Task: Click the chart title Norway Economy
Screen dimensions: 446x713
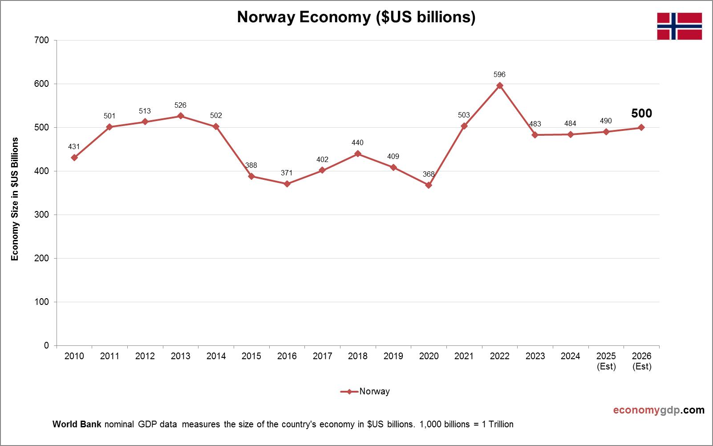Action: click(x=356, y=17)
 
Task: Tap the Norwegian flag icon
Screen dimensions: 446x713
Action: click(x=679, y=26)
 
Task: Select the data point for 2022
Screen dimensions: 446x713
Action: click(x=499, y=85)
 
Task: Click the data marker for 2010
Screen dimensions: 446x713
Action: click(x=74, y=158)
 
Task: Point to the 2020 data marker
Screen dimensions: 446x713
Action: click(x=429, y=185)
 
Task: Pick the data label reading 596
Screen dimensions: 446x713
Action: click(x=499, y=74)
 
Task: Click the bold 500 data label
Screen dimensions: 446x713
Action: click(x=641, y=114)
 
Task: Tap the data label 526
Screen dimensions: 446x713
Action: click(x=180, y=105)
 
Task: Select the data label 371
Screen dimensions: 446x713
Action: click(x=287, y=173)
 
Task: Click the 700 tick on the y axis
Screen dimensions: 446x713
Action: click(x=41, y=40)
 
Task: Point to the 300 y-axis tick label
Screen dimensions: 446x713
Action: click(x=41, y=215)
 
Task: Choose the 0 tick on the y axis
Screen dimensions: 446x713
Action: click(x=46, y=345)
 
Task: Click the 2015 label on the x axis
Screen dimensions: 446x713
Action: click(x=251, y=356)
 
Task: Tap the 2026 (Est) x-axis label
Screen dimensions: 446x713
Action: click(x=641, y=361)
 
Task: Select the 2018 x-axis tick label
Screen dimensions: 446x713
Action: click(x=358, y=356)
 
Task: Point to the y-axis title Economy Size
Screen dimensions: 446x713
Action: click(x=15, y=199)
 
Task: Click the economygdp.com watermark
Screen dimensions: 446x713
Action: click(x=659, y=410)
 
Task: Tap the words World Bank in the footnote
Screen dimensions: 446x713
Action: click(x=77, y=424)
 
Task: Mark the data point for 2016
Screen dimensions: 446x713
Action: click(x=287, y=184)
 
